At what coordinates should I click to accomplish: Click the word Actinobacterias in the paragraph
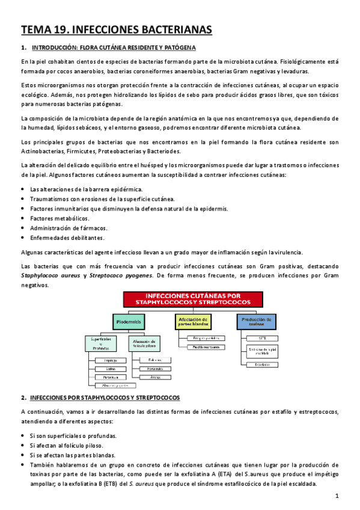43,151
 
